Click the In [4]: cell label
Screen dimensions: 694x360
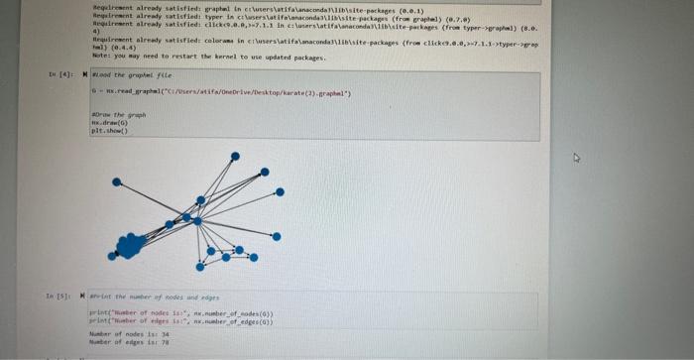pos(58,75)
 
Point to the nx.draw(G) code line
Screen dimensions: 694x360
pos(107,124)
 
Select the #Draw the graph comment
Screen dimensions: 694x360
pos(118,116)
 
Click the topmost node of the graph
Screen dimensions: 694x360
pos(235,157)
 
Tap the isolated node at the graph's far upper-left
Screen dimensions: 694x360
pos(116,182)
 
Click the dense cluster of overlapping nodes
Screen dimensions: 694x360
pos(130,245)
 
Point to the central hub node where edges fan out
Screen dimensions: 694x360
pos(197,221)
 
